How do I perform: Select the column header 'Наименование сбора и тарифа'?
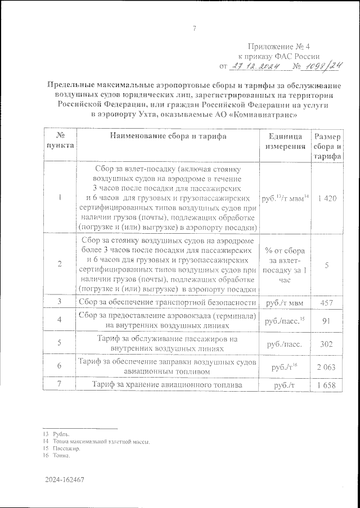point(168,137)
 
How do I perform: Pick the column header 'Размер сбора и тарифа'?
point(327,147)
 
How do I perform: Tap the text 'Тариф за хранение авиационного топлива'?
point(168,385)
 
